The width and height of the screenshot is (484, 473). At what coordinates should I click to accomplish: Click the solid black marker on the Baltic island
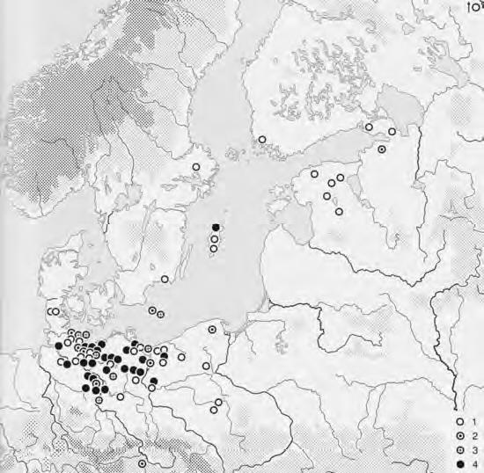pos(216,229)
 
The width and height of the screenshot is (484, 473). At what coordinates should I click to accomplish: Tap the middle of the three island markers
pos(215,239)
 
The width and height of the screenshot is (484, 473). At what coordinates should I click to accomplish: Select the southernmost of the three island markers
pos(214,250)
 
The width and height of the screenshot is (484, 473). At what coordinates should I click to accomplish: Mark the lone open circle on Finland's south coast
pos(262,139)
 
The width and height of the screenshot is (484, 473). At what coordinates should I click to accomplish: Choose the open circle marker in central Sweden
pos(197,167)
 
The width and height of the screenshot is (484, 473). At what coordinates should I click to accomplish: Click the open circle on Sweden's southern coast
pos(165,280)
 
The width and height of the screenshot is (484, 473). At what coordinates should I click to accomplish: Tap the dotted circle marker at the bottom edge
pos(142,463)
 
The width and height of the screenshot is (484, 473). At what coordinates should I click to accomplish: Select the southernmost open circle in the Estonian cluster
pos(339,211)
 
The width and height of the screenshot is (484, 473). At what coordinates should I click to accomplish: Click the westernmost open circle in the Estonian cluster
pos(313,175)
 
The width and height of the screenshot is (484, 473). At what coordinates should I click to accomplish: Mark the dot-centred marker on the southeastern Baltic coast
pos(212,329)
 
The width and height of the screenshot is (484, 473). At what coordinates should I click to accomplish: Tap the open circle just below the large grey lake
pos(392,131)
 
